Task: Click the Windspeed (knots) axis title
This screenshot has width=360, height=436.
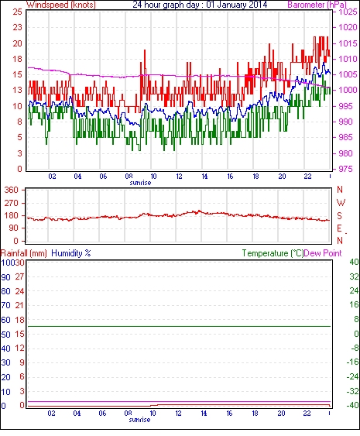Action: pos(61,5)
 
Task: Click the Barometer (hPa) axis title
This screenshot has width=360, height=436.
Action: pos(317,5)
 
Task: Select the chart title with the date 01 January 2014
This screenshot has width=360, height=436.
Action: pos(200,5)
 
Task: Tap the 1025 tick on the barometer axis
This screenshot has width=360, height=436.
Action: pos(348,12)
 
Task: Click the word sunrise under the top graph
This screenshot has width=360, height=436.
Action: pos(140,183)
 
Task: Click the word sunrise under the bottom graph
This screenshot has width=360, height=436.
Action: pos(139,420)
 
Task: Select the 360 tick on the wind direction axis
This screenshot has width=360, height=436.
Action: pos(12,191)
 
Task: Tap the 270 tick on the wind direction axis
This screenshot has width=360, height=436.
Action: pos(12,203)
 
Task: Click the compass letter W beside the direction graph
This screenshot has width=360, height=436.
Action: pos(341,203)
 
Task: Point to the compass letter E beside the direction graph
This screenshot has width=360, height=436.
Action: pos(339,228)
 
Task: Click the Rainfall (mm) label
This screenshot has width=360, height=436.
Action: pos(24,253)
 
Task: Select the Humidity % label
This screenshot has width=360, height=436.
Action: pos(71,253)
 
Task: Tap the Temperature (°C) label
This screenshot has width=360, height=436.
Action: pos(273,253)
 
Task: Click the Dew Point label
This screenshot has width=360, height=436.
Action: pos(323,253)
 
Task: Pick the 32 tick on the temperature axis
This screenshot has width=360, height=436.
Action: pos(354,276)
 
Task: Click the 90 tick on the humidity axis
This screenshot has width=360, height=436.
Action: pos(5,277)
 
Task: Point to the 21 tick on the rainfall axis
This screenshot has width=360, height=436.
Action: pos(19,306)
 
